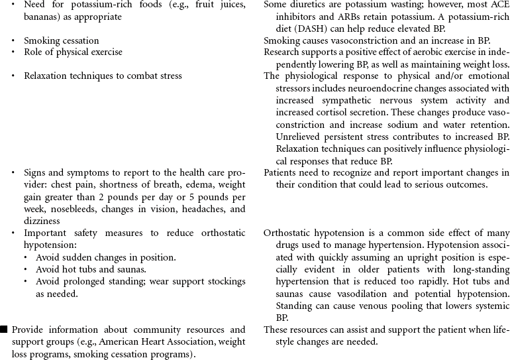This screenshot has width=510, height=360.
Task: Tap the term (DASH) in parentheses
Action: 313,29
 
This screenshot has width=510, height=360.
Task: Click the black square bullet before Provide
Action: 4,330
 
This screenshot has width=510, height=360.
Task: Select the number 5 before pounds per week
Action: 183,197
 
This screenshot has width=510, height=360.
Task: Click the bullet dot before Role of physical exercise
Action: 13,52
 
